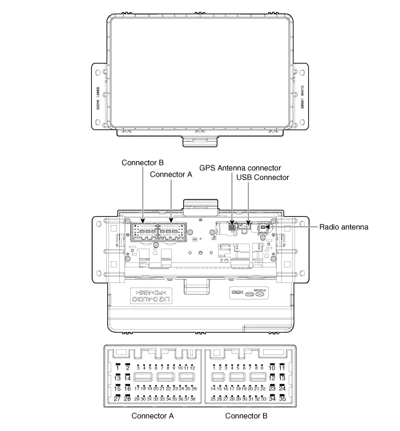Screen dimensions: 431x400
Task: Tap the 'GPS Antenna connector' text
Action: pyautogui.click(x=240, y=167)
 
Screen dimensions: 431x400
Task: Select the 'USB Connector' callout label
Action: pyautogui.click(x=263, y=178)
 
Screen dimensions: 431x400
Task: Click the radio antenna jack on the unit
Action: pyautogui.click(x=264, y=228)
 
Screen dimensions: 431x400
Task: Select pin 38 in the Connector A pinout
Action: pyautogui.click(x=193, y=398)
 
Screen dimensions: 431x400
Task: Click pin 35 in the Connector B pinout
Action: pyautogui.click(x=282, y=398)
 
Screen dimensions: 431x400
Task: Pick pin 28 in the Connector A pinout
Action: pyautogui.click(x=127, y=398)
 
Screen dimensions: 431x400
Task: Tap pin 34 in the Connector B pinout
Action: pyautogui.click(x=272, y=398)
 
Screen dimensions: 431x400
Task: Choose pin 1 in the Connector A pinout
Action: pyautogui.click(x=118, y=367)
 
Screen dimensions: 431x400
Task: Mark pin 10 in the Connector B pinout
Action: pyautogui.click(x=272, y=367)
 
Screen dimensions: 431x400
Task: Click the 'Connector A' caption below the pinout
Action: pyautogui.click(x=152, y=416)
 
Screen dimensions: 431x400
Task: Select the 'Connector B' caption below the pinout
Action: pyautogui.click(x=246, y=416)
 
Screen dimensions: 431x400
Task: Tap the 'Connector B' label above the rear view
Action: pyautogui.click(x=143, y=162)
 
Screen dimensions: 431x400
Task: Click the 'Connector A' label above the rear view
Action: pyautogui.click(x=171, y=175)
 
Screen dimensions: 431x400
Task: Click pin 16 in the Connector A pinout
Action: pyautogui.click(x=127, y=388)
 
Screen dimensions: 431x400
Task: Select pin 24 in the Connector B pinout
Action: pyautogui.click(x=282, y=388)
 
